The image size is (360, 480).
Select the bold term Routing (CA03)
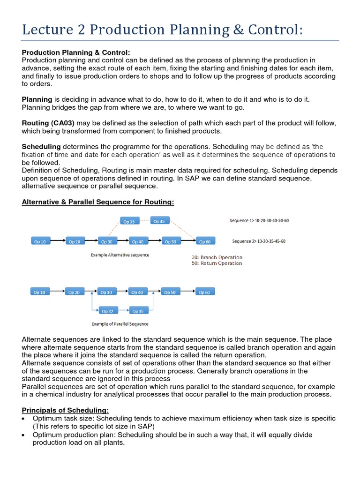(48, 123)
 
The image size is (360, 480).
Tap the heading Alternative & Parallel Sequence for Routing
(98, 202)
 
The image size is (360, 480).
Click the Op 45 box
(160, 221)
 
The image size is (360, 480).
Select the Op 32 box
(107, 311)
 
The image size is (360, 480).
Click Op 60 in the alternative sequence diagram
(205, 241)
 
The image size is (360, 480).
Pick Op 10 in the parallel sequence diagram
(39, 292)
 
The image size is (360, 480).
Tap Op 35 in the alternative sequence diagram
(129, 222)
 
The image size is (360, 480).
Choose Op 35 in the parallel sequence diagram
(138, 311)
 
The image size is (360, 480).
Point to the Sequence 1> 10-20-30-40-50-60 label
(259, 220)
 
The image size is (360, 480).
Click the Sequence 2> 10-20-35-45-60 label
(259, 241)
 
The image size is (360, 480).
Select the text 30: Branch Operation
(217, 257)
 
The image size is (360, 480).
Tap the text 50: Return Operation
(217, 263)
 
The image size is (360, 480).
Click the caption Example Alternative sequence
(120, 255)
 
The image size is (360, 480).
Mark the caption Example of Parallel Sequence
(120, 324)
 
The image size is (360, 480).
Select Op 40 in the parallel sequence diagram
(137, 292)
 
